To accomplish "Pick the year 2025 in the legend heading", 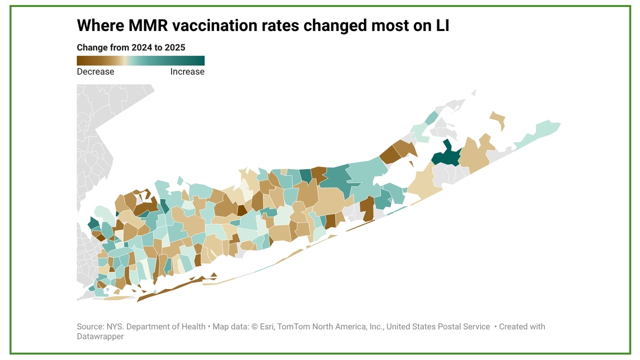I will pyautogui.click(x=174, y=47).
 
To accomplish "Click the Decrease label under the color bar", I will pyautogui.click(x=95, y=71).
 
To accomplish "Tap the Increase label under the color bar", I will pyautogui.click(x=187, y=71).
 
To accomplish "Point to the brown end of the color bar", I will pyautogui.click(x=80, y=60).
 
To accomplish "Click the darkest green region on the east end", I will pyautogui.click(x=446, y=155).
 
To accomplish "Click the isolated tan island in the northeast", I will pyautogui.click(x=498, y=120).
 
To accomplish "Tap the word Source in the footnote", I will pyautogui.click(x=90, y=326).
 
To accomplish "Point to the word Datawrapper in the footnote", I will pyautogui.click(x=100, y=336).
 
